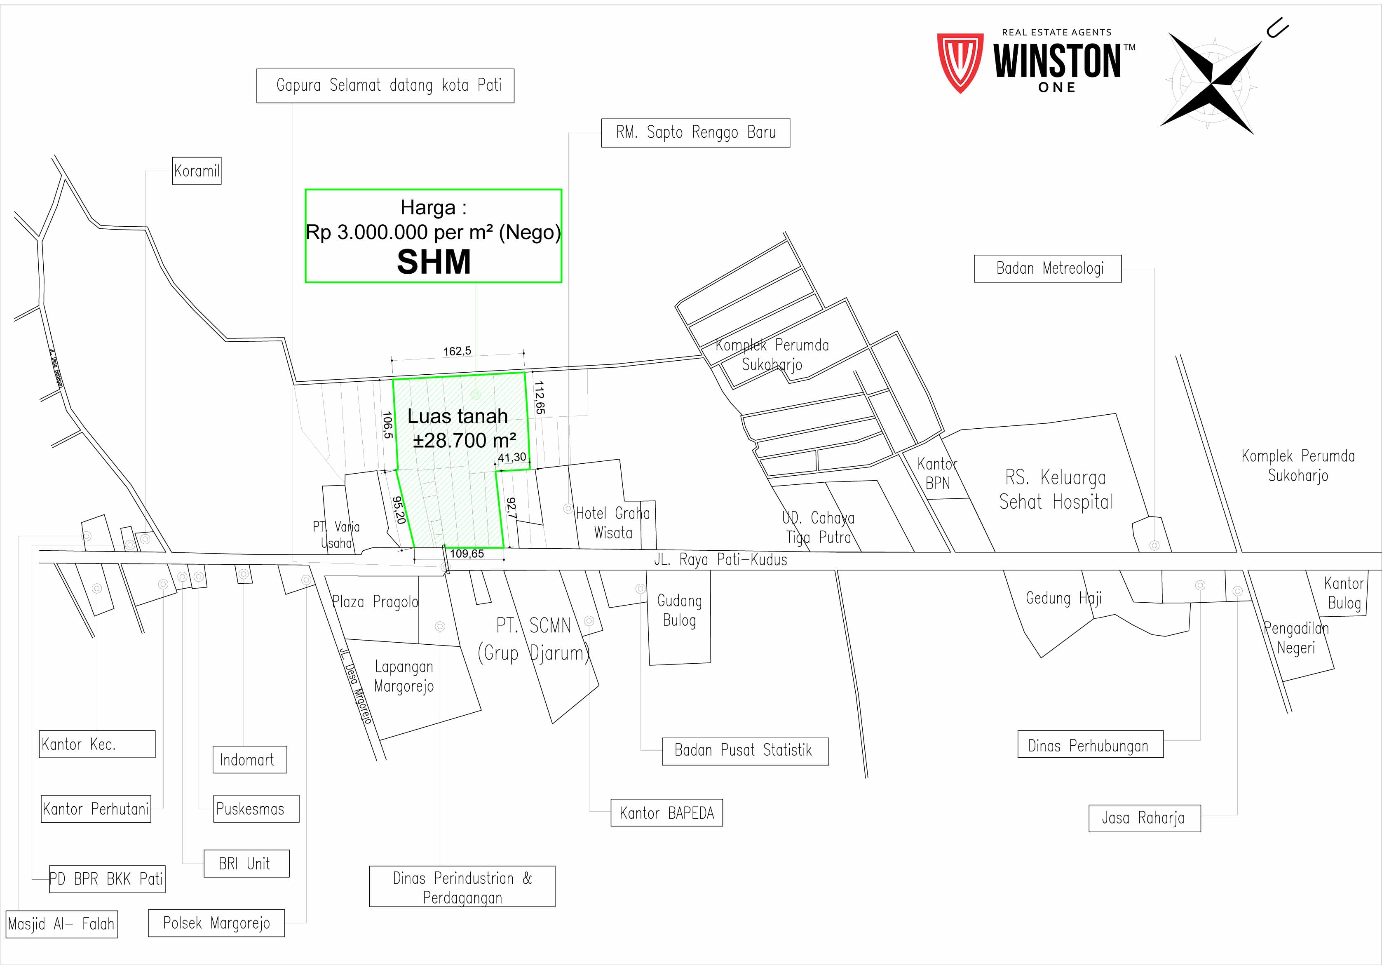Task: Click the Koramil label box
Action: (197, 171)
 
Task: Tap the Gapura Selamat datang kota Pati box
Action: (385, 85)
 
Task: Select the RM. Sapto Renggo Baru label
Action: (695, 132)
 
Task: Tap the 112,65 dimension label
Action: (539, 397)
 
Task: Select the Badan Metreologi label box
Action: (1047, 268)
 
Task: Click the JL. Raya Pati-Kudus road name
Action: (720, 560)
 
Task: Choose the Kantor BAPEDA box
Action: (666, 813)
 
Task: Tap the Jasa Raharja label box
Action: (1144, 818)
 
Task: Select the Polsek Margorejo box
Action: (216, 923)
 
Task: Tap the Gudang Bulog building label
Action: (679, 610)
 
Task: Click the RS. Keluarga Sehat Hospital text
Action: (1056, 489)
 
